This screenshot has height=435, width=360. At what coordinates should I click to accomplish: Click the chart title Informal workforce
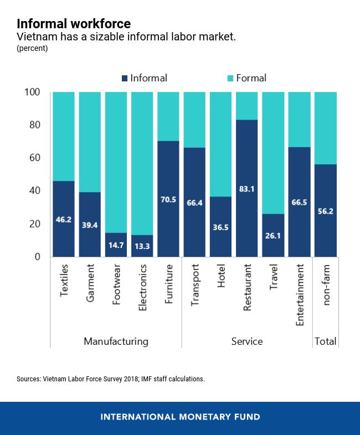point(74,24)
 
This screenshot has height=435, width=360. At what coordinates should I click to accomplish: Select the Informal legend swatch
point(125,79)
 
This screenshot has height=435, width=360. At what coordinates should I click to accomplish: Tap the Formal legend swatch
point(230,79)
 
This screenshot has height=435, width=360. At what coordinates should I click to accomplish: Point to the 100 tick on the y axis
point(33,92)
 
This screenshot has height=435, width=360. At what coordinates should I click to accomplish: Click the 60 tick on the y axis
point(35,158)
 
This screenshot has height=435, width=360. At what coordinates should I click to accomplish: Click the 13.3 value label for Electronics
point(142,246)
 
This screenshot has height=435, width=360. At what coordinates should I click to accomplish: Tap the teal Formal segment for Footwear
point(116,160)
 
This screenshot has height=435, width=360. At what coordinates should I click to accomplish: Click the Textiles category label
point(64,279)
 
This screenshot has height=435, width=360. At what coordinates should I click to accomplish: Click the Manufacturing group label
point(116,341)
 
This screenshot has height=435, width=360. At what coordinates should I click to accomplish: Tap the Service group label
point(246,341)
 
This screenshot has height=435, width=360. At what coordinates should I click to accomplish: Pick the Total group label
point(325,341)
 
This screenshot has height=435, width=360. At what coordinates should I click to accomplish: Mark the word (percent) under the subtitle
point(32,49)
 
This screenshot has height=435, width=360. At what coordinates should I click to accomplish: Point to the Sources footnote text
point(111,380)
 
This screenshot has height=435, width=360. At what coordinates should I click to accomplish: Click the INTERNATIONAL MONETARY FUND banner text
point(180,417)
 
